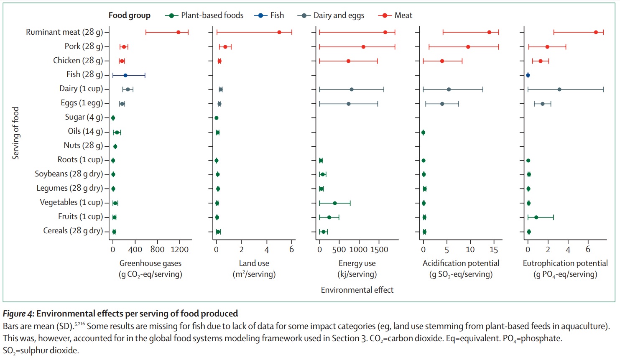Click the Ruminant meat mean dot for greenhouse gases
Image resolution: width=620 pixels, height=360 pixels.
point(178,32)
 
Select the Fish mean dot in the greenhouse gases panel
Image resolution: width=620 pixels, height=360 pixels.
point(125,75)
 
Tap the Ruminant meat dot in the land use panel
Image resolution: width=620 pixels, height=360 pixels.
point(279,32)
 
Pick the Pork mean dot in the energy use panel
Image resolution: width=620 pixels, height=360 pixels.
point(363,47)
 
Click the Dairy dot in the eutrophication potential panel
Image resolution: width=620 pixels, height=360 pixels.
point(559,89)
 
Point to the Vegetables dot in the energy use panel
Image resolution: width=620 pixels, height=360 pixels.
point(335,203)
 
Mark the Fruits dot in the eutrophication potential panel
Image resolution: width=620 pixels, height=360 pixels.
point(536,217)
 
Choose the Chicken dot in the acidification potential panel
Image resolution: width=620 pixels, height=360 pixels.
point(442,61)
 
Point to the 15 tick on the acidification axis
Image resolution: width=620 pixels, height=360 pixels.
point(494,250)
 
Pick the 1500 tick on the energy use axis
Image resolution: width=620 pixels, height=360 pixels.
point(379,250)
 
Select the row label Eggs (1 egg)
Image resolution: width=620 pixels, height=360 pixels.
point(82,103)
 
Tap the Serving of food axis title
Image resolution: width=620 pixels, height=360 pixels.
point(16,133)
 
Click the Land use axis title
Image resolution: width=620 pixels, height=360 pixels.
point(254,263)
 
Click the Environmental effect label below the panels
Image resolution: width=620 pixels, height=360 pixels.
point(357,290)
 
